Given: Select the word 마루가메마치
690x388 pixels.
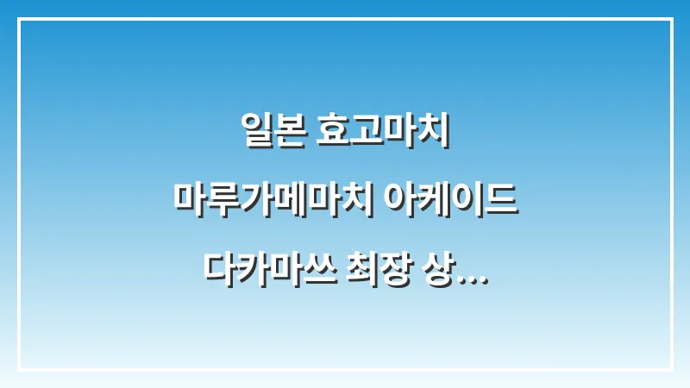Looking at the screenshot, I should [x=273, y=198].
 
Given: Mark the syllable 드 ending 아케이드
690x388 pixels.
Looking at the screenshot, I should [x=502, y=198].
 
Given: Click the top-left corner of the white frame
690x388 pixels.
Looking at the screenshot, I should [x=19, y=19].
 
